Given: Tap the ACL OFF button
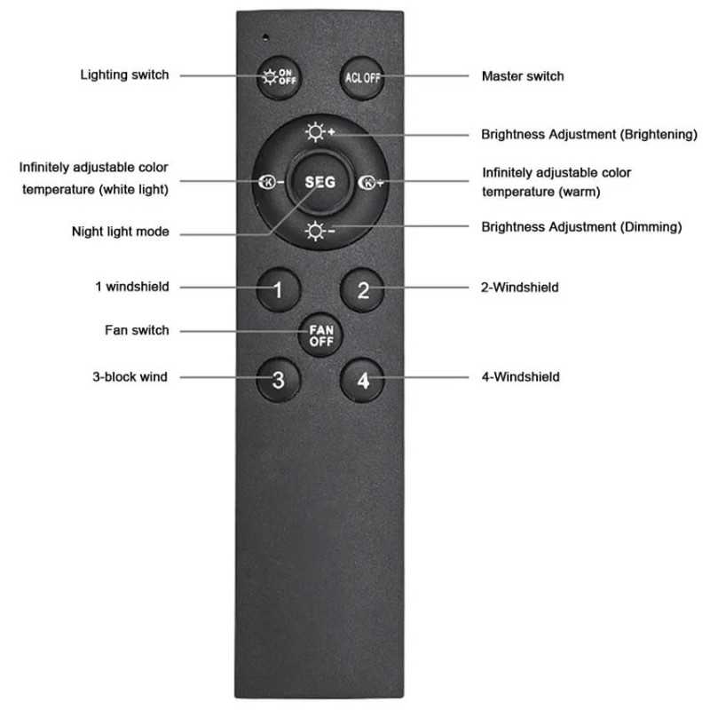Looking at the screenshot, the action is click(x=362, y=78).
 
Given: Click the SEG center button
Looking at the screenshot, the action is click(x=320, y=182).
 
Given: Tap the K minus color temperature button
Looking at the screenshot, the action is click(x=271, y=182).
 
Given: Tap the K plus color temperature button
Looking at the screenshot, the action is click(x=370, y=182).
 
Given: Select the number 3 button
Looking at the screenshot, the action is click(x=278, y=380).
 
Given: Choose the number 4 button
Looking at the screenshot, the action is click(x=362, y=380).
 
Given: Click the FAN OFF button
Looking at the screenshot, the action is click(x=321, y=335).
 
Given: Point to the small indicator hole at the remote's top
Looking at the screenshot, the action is click(x=265, y=37).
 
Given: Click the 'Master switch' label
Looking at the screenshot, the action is click(x=523, y=76).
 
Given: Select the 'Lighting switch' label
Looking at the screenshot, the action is click(x=124, y=75).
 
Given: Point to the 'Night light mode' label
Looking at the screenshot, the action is click(x=121, y=232).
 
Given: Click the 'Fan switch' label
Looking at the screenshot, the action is click(x=137, y=330).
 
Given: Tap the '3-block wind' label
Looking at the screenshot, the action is click(x=130, y=376).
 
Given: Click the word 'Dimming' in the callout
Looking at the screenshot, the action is click(x=650, y=227).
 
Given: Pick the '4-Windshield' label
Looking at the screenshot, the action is click(x=520, y=376).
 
